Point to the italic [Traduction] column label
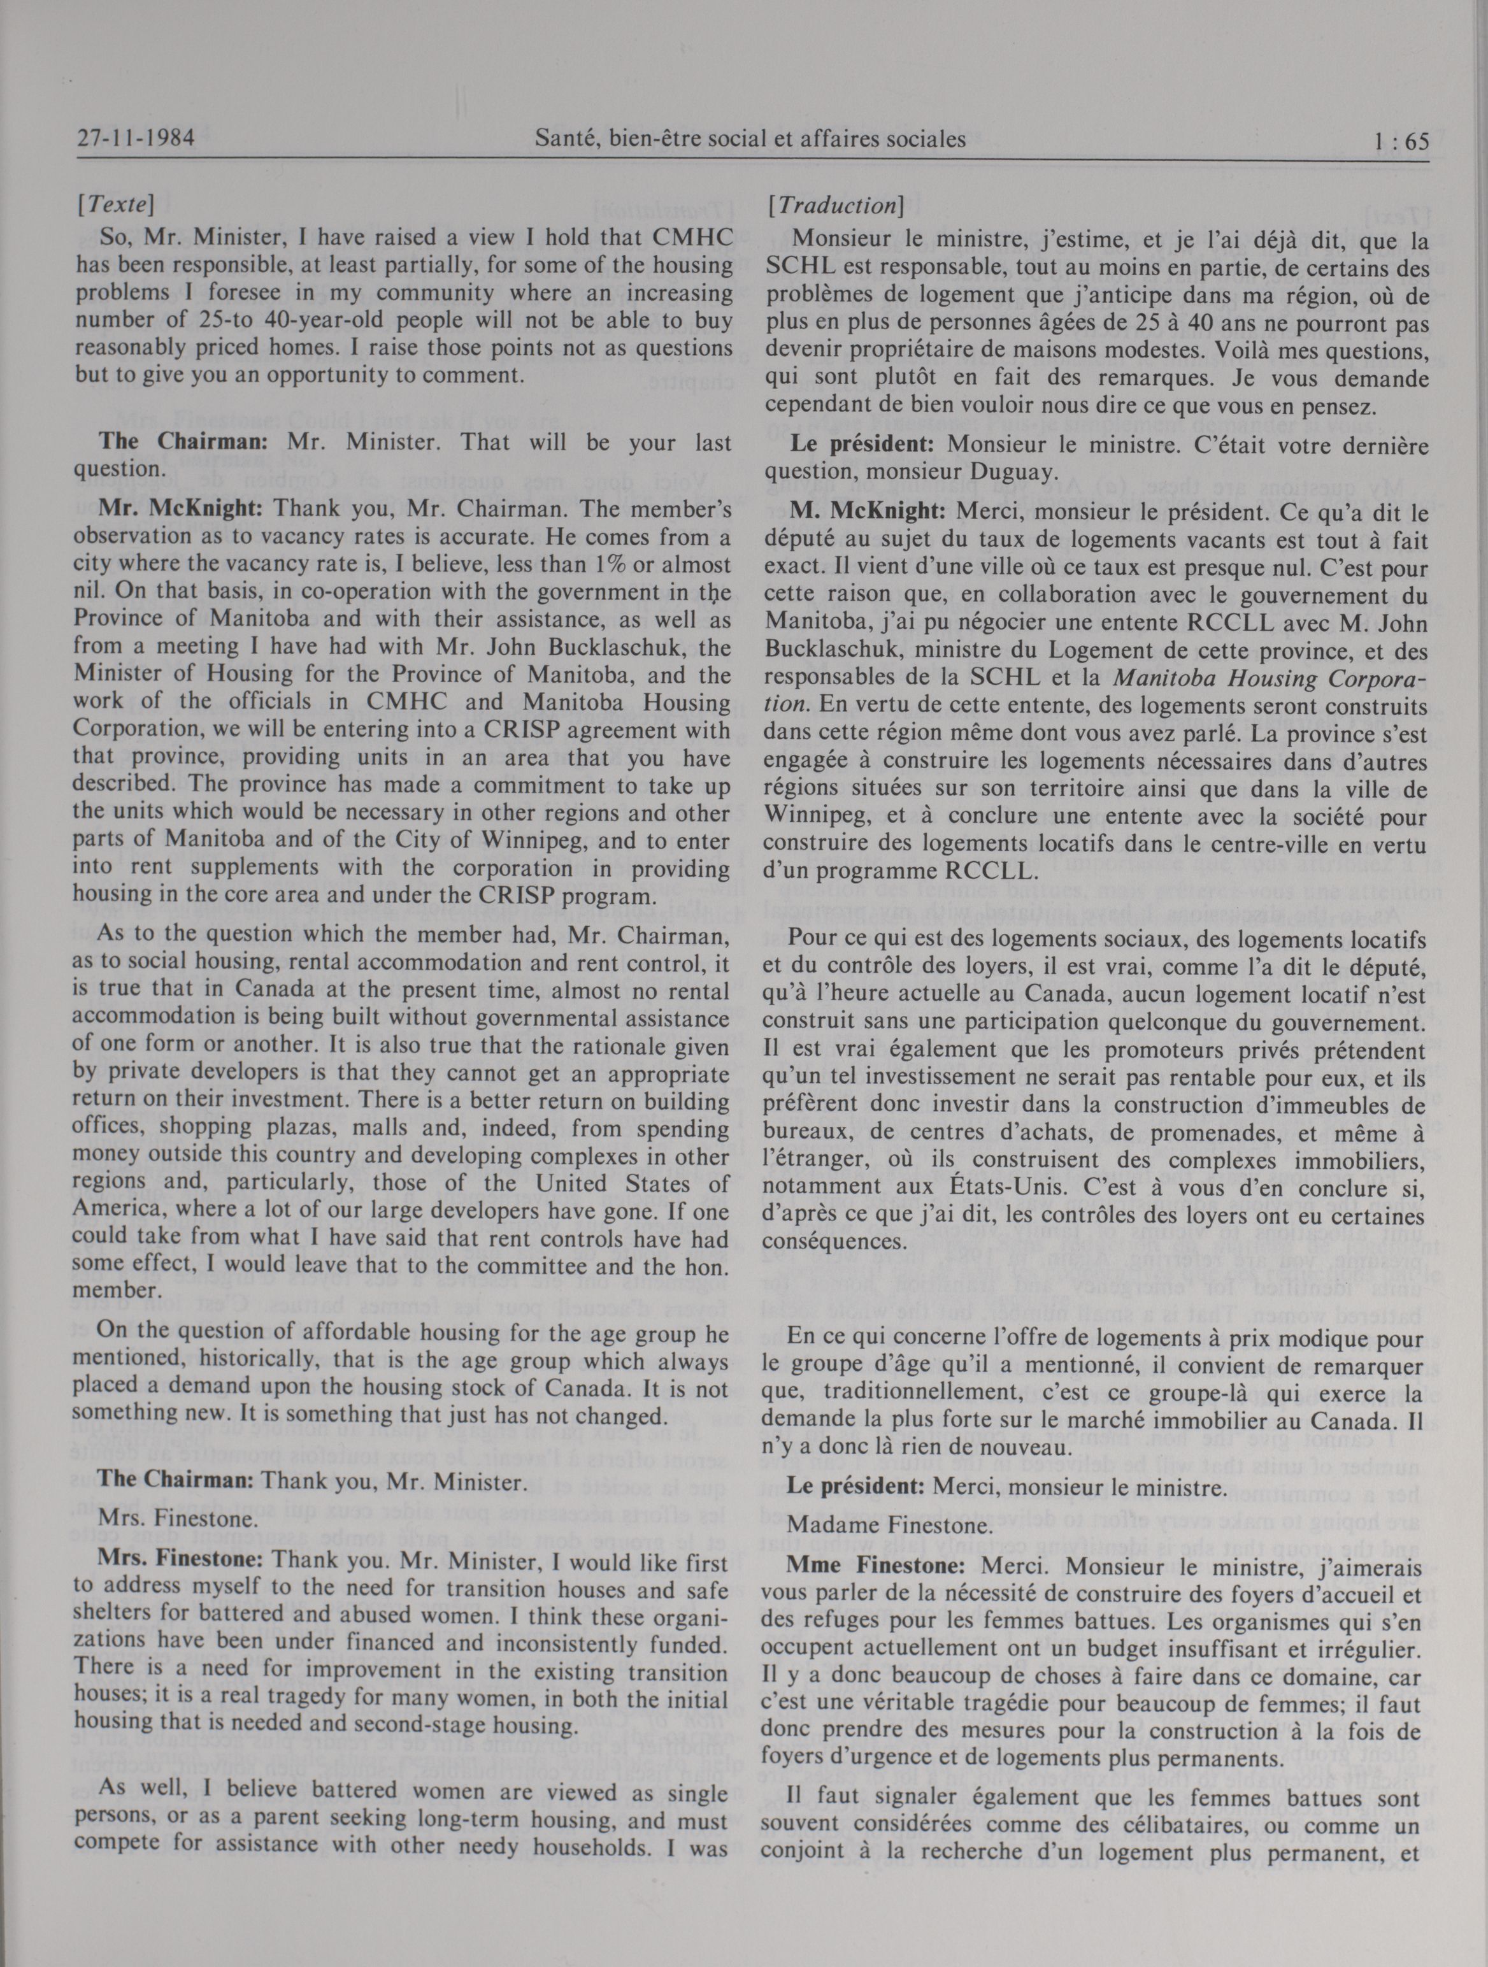coord(836,206)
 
